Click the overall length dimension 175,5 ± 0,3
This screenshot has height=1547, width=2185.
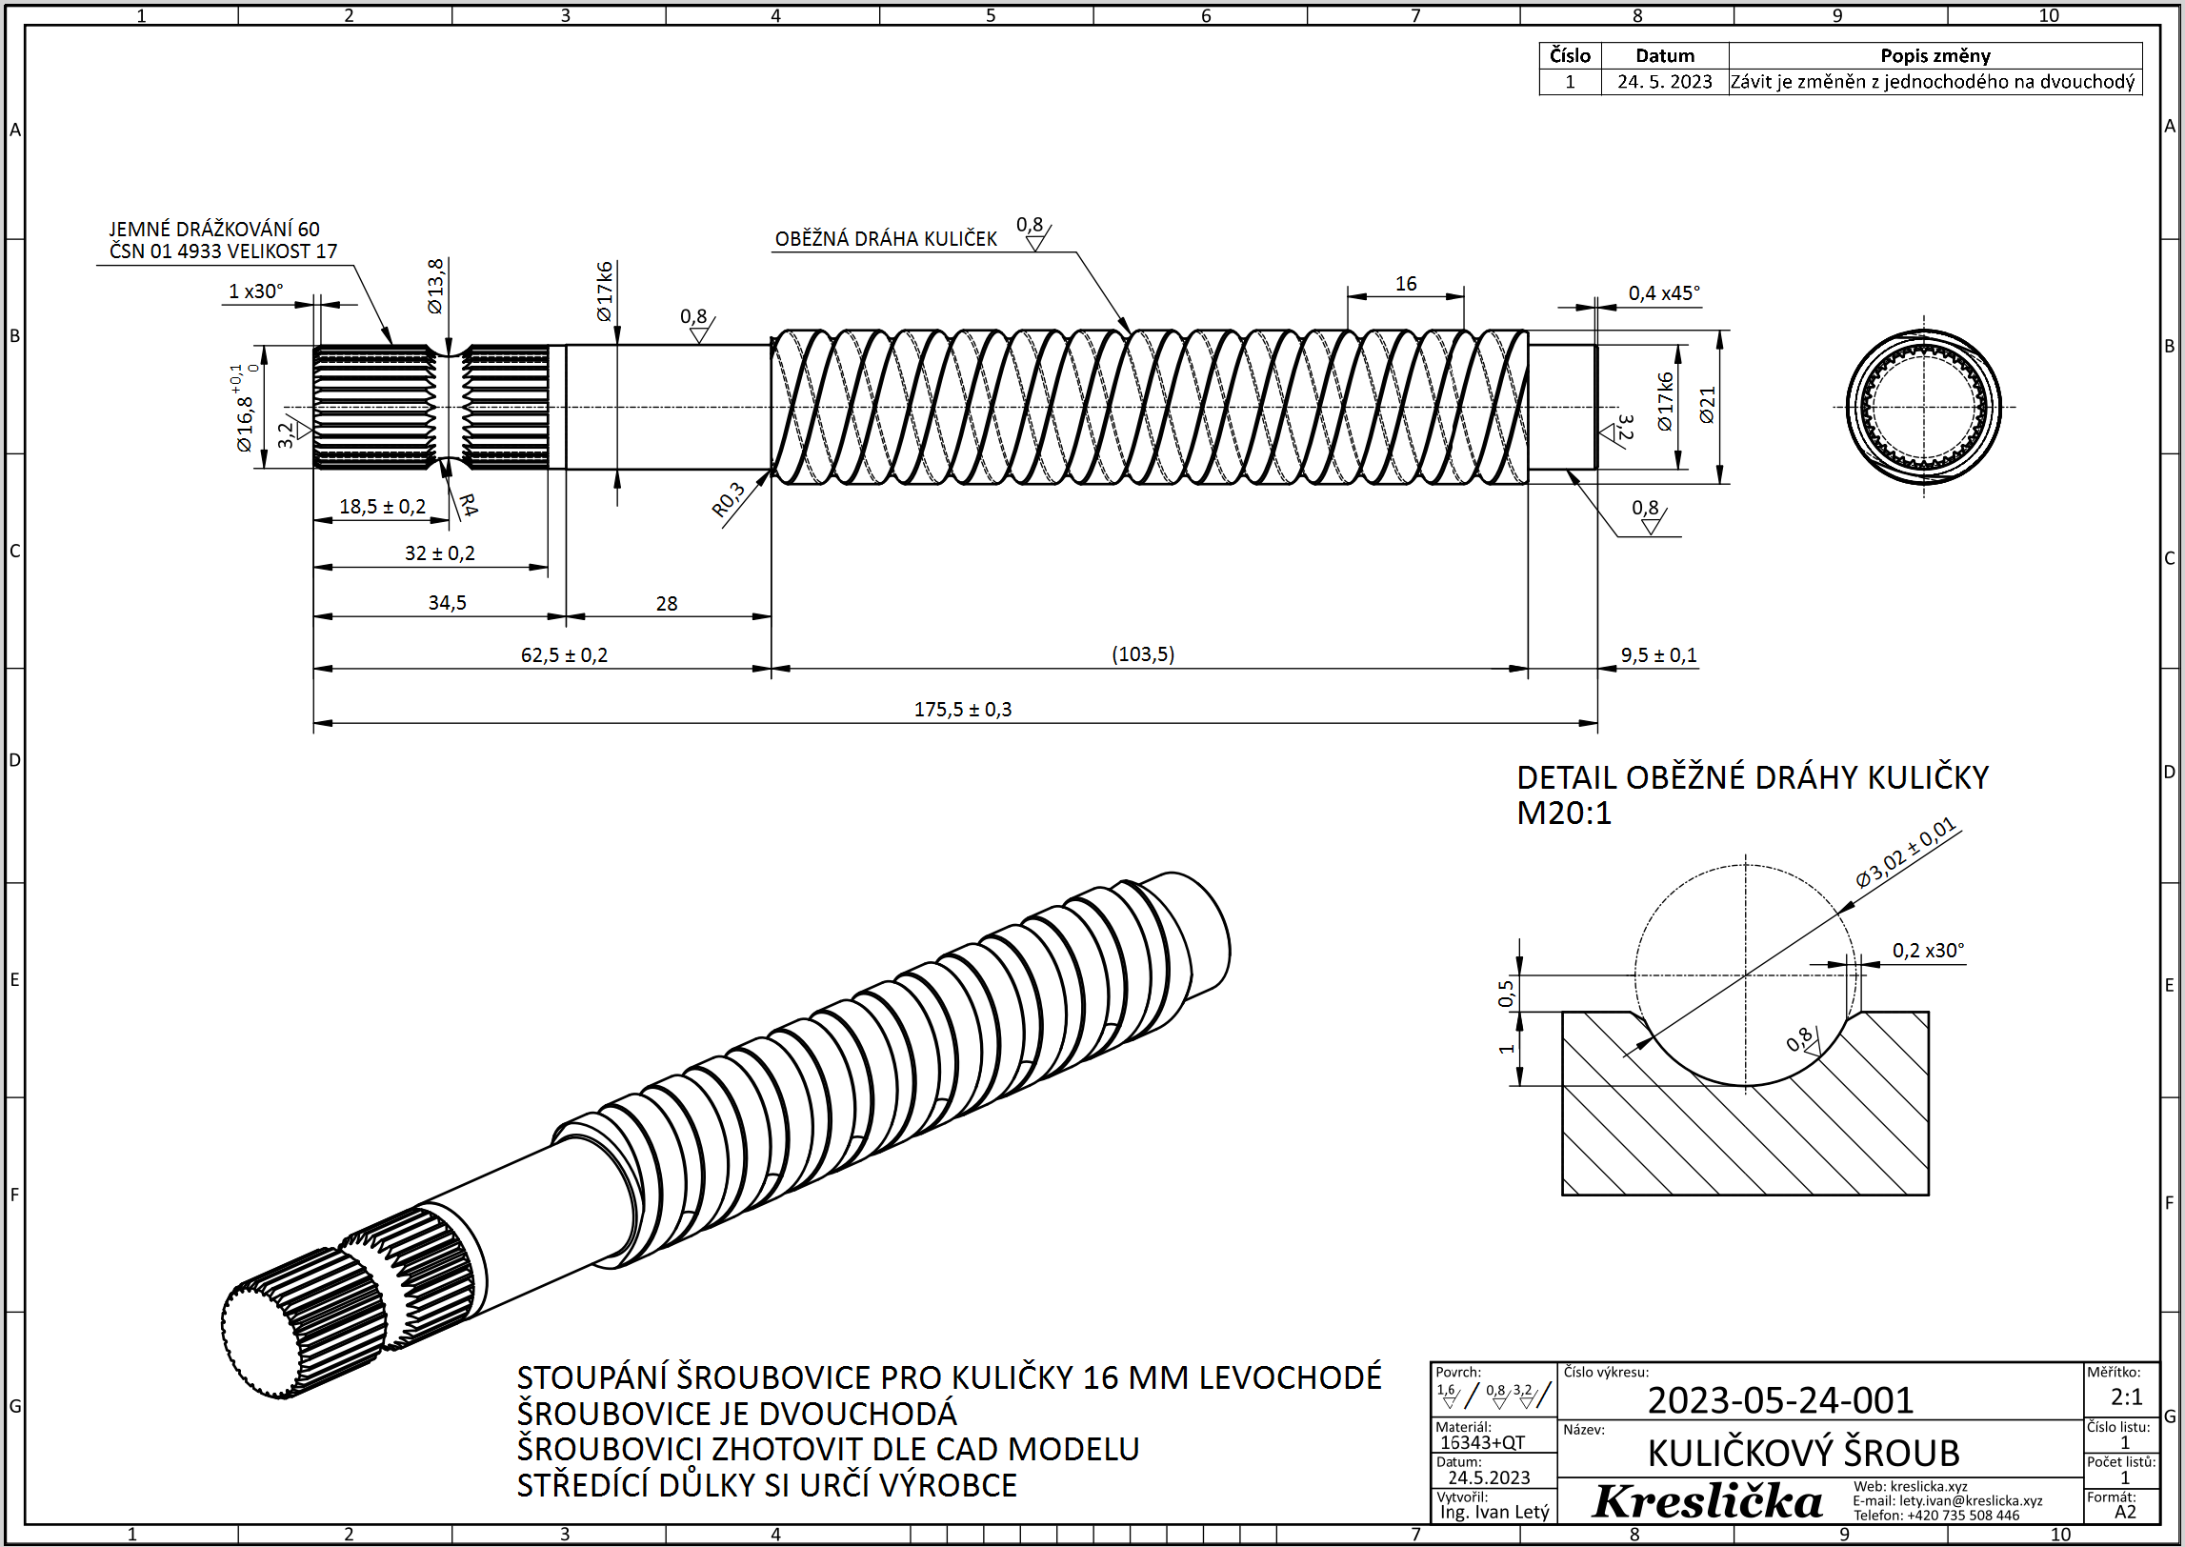pos(962,710)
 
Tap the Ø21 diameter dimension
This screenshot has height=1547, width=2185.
pos(1707,405)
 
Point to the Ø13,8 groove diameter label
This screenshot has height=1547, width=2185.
pos(435,286)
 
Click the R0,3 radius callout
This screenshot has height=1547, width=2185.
pos(729,500)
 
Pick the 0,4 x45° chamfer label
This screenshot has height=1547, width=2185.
pos(1663,293)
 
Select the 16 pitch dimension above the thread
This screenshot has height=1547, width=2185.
pos(1406,284)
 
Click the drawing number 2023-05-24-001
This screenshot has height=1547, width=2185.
pos(1780,1400)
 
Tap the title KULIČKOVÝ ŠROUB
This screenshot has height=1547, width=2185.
pos(1803,1454)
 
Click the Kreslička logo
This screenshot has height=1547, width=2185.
pos(1707,1502)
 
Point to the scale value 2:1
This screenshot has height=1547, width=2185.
pos(2126,1397)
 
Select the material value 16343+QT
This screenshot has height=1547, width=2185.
pos(1482,1443)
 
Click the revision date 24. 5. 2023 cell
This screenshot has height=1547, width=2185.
pos(1664,82)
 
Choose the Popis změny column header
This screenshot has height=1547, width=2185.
pos(1934,55)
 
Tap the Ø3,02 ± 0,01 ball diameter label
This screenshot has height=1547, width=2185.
pos(1905,853)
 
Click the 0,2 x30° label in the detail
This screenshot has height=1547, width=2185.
pos(1928,951)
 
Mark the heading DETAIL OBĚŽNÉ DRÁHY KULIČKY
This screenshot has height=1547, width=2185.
pos(1752,778)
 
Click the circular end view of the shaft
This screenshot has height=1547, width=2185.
pos(1923,407)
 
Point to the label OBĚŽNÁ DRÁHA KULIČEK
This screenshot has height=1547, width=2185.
pos(886,239)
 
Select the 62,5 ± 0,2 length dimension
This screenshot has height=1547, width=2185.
pos(564,655)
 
